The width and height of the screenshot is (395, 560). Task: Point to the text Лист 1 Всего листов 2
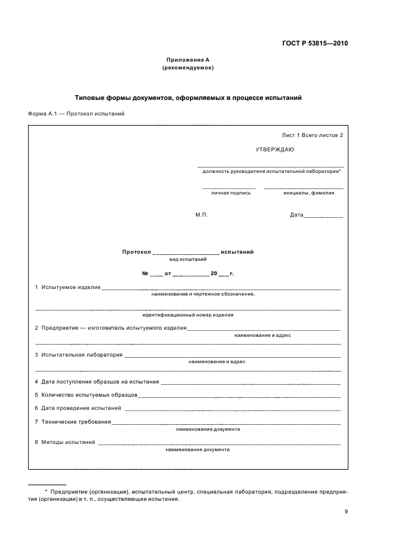pyautogui.click(x=313, y=135)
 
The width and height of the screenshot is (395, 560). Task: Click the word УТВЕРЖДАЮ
pyautogui.click(x=274, y=150)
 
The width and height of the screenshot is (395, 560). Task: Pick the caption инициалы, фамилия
pyautogui.click(x=305, y=193)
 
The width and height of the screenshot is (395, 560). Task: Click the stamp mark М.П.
pyautogui.click(x=201, y=215)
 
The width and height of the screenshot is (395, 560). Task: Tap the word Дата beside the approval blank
pyautogui.click(x=297, y=215)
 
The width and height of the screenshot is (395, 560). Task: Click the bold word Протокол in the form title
pyautogui.click(x=136, y=252)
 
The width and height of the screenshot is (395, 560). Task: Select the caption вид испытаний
pyautogui.click(x=188, y=260)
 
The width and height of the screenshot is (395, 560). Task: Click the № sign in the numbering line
pyautogui.click(x=145, y=273)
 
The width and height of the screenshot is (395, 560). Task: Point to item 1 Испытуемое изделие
pyautogui.click(x=68, y=288)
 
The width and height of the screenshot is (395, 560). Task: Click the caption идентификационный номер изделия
pyautogui.click(x=188, y=315)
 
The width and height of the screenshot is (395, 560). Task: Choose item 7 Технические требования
pyautogui.click(x=73, y=422)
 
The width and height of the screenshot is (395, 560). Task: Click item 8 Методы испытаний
pyautogui.click(x=65, y=442)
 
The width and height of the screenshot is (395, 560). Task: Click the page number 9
pyautogui.click(x=346, y=511)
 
